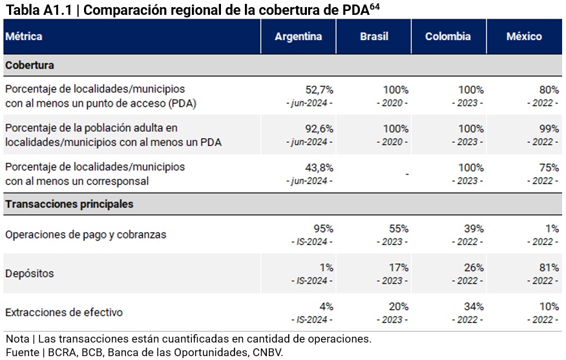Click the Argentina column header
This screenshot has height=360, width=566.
point(298,37)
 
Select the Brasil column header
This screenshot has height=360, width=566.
point(374,37)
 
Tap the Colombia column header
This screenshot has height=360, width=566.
point(448,37)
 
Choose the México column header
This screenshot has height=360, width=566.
point(524,37)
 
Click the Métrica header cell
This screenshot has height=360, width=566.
point(24,37)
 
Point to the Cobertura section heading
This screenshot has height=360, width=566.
point(30,65)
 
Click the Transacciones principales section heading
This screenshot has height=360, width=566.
point(69,204)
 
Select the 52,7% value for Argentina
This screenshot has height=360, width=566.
point(319,90)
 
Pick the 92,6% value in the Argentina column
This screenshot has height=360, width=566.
point(319,129)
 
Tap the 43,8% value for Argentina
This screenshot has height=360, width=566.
point(319,167)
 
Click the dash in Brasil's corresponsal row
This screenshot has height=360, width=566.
point(406,175)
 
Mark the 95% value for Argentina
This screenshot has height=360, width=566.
point(323,229)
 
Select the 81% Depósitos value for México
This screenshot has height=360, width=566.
point(549,268)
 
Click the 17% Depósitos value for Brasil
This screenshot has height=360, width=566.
point(399,268)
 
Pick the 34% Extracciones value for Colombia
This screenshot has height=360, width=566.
point(474,306)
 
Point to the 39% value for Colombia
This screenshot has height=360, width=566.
point(474,229)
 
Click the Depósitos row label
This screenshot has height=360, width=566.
point(30,273)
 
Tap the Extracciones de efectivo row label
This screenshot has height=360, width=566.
point(63,312)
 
